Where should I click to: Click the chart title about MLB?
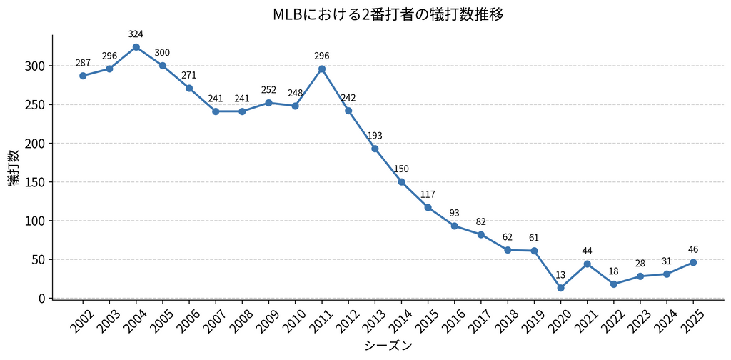(x=388, y=14)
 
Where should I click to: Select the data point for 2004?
(x=136, y=47)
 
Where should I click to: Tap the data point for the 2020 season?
(x=560, y=288)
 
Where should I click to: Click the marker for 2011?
(x=321, y=69)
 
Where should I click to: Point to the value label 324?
(x=136, y=34)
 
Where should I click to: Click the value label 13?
(x=560, y=275)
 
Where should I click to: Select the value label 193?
(x=375, y=136)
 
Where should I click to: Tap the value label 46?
(x=693, y=249)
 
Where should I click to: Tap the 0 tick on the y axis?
(x=43, y=298)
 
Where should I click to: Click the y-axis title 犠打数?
(x=14, y=169)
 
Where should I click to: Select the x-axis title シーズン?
(x=388, y=346)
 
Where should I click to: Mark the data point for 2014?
(x=401, y=182)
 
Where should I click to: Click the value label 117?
(x=428, y=194)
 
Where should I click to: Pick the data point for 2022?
(x=613, y=284)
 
